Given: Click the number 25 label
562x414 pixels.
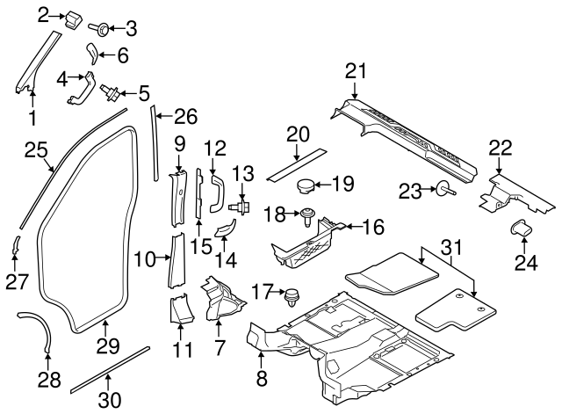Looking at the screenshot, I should pos(34,150).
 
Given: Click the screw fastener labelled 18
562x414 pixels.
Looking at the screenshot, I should pos(308,214).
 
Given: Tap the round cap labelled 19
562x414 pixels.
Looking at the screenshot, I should pos(306,185).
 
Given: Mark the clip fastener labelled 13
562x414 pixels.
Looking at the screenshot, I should pos(239,207).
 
